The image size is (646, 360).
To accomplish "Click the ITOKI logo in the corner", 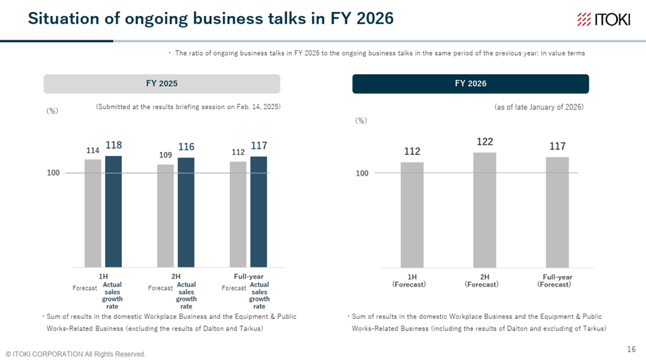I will [604, 20].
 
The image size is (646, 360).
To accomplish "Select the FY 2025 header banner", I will [161, 83].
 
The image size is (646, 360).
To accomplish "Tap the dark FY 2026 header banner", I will [470, 83].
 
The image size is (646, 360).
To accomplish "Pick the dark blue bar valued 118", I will [113, 211].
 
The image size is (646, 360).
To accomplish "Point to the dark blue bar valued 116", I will [186, 212].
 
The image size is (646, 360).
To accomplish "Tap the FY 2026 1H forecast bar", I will [412, 215].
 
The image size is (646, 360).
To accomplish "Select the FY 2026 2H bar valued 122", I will [485, 210].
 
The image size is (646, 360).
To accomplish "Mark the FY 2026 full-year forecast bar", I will [557, 212].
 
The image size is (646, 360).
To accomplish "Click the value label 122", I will [485, 142].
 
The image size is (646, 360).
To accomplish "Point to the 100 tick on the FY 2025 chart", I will [53, 173].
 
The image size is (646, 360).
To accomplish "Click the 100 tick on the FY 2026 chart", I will [362, 173].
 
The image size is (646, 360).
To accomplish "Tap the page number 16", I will [631, 349].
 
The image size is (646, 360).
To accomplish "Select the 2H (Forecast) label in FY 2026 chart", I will [485, 281].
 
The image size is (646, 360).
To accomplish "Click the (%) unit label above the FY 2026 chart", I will [361, 120].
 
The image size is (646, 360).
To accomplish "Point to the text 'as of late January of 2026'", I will [538, 107].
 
